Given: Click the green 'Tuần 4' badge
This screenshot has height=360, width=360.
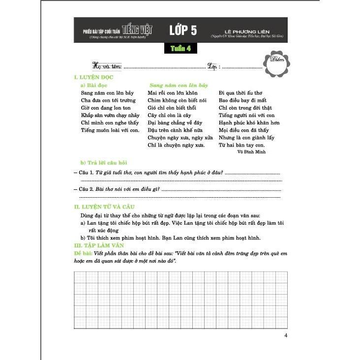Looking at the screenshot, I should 180,49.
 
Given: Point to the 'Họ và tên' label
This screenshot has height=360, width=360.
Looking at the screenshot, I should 106,66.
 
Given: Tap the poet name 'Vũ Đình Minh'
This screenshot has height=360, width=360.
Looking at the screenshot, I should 251,152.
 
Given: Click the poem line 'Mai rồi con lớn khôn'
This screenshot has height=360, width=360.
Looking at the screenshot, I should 172,92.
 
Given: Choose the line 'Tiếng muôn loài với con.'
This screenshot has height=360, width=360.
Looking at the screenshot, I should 110,130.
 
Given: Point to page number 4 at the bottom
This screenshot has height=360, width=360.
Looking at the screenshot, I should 286,336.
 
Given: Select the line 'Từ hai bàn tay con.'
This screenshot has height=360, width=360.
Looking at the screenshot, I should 241,145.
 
